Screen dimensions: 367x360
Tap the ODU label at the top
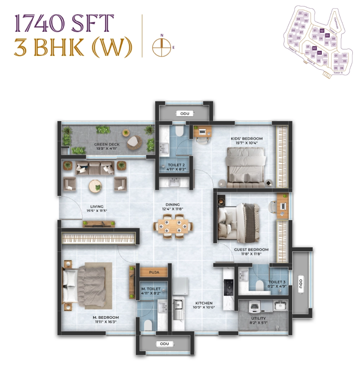[185, 113]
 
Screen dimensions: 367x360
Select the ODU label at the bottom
[165, 344]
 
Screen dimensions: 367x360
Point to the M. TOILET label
[151, 289]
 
